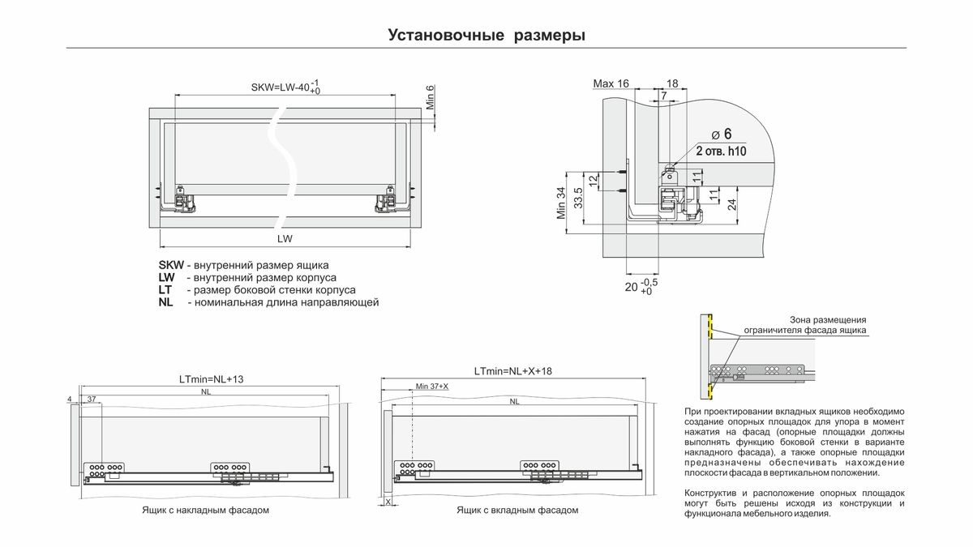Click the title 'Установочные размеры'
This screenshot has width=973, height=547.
(486, 36)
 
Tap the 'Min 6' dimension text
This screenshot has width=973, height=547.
(431, 99)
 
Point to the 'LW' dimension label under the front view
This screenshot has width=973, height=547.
(284, 239)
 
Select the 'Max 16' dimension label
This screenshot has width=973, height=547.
(611, 83)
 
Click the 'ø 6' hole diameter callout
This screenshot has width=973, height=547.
(722, 134)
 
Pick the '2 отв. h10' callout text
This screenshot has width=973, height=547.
(720, 151)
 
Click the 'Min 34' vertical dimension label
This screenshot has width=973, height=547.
(560, 204)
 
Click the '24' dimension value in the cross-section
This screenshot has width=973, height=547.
(731, 203)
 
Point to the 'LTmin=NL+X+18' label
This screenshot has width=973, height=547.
(512, 371)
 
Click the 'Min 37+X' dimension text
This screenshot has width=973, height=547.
(431, 387)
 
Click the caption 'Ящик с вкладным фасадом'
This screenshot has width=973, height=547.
(517, 511)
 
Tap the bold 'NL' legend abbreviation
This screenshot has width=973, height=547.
(166, 302)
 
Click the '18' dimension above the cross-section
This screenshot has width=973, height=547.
(672, 83)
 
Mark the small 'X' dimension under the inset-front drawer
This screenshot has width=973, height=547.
(388, 502)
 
